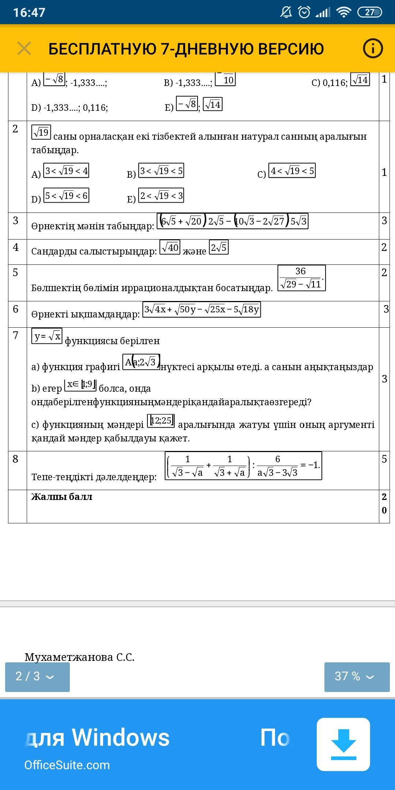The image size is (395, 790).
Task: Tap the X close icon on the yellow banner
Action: click(x=24, y=49)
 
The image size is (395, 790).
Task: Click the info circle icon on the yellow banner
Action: click(x=373, y=48)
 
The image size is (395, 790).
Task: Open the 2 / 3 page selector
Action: click(x=37, y=676)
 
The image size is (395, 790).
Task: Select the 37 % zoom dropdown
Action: click(x=357, y=676)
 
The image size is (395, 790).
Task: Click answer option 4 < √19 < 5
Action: click(x=292, y=171)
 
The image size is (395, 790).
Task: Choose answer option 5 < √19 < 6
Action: click(x=66, y=196)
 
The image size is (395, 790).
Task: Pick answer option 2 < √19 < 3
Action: click(x=161, y=196)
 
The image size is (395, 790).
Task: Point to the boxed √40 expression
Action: click(x=170, y=248)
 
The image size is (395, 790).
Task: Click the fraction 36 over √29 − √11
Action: click(x=301, y=278)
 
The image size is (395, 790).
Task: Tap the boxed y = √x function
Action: click(x=47, y=336)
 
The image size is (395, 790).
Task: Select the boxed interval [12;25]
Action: click(x=161, y=421)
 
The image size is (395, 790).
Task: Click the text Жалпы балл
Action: click(x=62, y=497)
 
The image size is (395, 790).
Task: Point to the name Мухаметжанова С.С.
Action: click(x=79, y=657)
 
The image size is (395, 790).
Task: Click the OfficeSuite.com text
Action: click(x=67, y=765)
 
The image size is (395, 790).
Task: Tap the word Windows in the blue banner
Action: click(x=121, y=737)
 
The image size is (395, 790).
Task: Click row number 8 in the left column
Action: click(x=15, y=459)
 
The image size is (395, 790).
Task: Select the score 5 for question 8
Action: click(x=384, y=459)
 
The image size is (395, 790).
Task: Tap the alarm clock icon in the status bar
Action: click(x=304, y=12)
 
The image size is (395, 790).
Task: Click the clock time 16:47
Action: click(x=29, y=12)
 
